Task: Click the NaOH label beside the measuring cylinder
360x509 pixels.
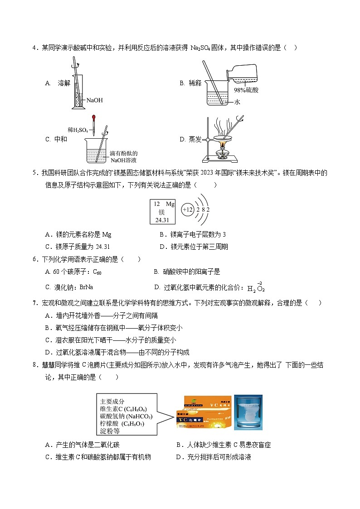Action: coord(94,100)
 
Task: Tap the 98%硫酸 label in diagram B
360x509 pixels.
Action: coord(246,90)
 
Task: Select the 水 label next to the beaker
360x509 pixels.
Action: coord(237,102)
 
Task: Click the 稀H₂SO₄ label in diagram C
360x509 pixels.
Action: coord(78,130)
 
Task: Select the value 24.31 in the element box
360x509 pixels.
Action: coord(162,220)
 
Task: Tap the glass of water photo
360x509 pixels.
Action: coord(248,412)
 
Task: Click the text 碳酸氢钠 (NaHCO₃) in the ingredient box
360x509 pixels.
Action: coord(126,416)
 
